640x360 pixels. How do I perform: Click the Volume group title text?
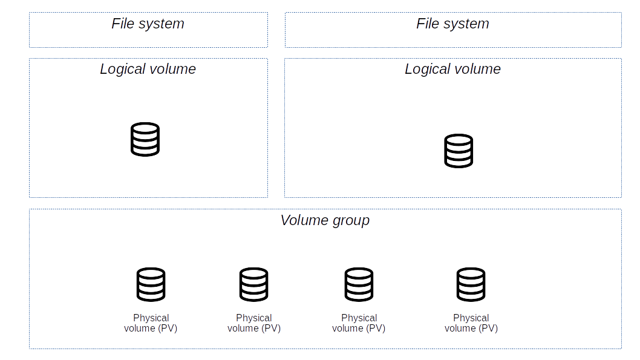(325, 220)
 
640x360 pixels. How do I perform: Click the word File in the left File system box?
(122, 24)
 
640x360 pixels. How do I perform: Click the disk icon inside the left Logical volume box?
(145, 140)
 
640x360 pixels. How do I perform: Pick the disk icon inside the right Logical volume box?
(459, 151)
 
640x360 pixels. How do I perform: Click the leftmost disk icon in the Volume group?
(151, 284)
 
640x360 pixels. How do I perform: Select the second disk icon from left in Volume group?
(254, 284)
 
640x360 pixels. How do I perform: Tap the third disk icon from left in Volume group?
(359, 284)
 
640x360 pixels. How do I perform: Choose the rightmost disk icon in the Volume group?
(471, 284)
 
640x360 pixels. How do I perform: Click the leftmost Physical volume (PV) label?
(151, 323)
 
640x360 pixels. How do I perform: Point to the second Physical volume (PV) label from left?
(254, 323)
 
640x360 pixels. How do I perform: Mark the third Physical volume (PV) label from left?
(359, 323)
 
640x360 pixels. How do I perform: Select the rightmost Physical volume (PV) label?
(471, 323)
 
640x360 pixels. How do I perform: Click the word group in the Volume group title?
(351, 221)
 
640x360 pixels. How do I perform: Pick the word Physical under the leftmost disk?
(151, 318)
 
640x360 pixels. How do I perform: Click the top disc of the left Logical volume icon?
(145, 128)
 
